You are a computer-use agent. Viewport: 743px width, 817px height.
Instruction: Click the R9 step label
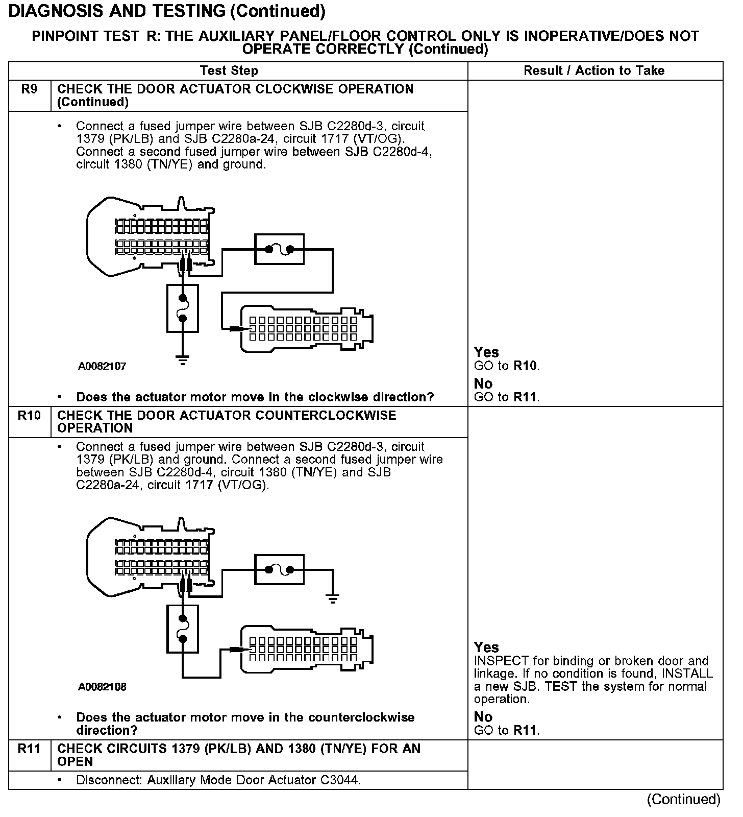30,89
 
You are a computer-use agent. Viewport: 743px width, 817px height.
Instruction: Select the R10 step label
29,415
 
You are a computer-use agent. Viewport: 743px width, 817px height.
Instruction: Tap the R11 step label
29,749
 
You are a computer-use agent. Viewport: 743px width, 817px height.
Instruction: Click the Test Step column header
229,70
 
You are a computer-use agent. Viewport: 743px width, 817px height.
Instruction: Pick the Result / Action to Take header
594,70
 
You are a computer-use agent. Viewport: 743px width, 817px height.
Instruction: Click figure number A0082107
102,366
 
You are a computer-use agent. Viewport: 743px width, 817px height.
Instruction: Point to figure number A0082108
102,687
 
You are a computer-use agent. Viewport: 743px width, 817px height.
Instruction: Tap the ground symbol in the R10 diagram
333,598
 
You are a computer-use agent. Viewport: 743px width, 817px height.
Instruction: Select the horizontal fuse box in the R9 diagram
279,249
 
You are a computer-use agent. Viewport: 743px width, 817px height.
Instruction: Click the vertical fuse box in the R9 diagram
183,308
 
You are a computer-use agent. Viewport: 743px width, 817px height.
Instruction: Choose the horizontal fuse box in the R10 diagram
279,569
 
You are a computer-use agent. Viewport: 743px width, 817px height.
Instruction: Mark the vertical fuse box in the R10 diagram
183,629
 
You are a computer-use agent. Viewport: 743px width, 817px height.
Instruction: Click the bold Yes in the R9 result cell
486,352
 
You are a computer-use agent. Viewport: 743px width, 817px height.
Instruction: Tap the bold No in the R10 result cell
483,717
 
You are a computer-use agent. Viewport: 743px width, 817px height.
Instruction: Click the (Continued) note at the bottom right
684,799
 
